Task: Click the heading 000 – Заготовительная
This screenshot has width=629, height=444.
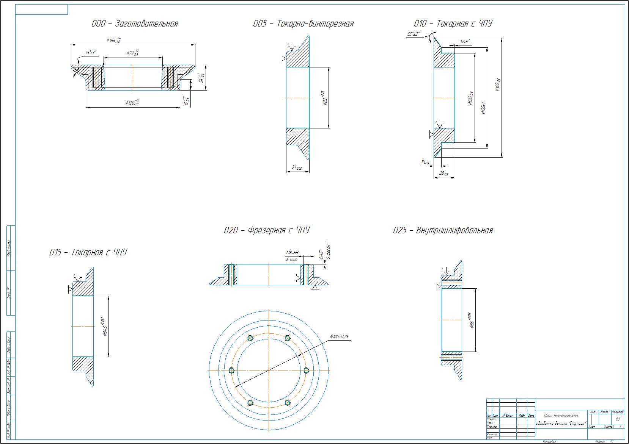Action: pyautogui.click(x=135, y=23)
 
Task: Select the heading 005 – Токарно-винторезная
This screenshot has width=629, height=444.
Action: pyautogui.click(x=303, y=23)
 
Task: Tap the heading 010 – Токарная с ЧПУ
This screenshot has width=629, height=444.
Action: pyautogui.click(x=453, y=23)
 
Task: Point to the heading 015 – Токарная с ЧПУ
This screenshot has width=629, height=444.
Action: pyautogui.click(x=88, y=252)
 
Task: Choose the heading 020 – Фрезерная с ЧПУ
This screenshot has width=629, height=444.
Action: pyautogui.click(x=267, y=230)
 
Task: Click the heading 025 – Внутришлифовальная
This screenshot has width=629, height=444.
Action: pyautogui.click(x=443, y=230)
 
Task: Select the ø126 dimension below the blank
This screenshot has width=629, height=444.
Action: pyautogui.click(x=132, y=102)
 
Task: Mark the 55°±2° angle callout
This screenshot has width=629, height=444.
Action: pyautogui.click(x=414, y=34)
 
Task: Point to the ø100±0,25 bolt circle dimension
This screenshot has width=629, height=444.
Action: pyautogui.click(x=339, y=336)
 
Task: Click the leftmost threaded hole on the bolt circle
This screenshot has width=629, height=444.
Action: pyautogui.click(x=232, y=370)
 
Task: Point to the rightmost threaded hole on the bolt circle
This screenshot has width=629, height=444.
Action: pyautogui.click(x=306, y=370)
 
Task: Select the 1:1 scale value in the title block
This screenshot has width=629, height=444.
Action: pyautogui.click(x=618, y=419)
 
